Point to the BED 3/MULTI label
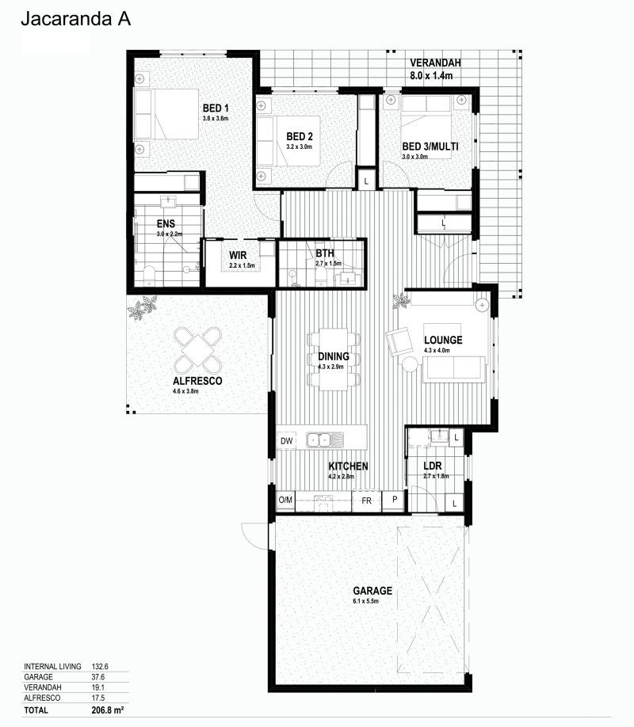tap(430, 147)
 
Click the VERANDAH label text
tap(435, 63)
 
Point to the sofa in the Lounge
tap(453, 368)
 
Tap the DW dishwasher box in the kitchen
tap(286, 440)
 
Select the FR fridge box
tap(366, 501)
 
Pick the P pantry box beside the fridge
tap(393, 501)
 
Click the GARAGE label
tap(371, 590)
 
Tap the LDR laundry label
tap(431, 466)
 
